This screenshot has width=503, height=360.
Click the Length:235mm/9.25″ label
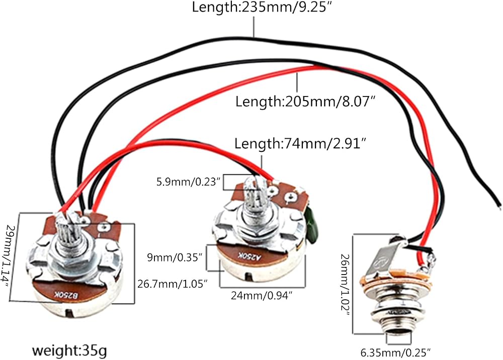pos(262,7)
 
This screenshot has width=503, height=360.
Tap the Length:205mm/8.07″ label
pos(305,101)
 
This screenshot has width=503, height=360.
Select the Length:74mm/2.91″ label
pos(300,143)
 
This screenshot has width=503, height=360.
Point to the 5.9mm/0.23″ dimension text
pos(188,182)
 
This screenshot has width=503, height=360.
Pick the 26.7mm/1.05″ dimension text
pos(173,284)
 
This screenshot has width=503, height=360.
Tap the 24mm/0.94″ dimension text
pos(262,295)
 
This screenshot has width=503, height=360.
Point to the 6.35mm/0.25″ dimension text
pos(395,353)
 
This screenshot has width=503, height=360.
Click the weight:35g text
pos(69,351)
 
